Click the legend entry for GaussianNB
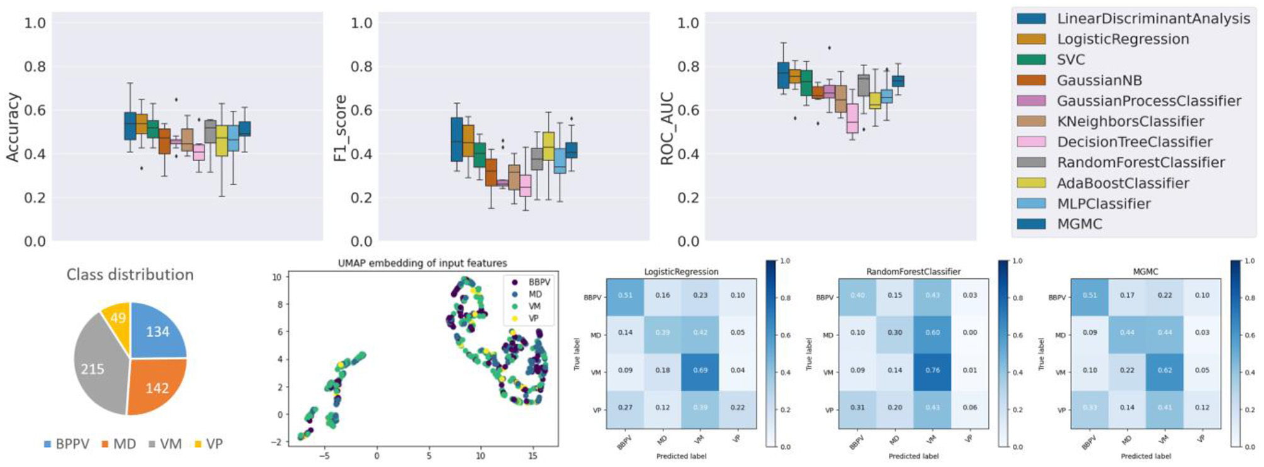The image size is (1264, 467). (1098, 81)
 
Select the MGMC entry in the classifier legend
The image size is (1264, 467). (1079, 224)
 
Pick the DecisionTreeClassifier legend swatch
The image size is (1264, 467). (1031, 142)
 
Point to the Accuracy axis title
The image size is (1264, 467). (13, 128)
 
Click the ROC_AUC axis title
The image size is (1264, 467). (667, 129)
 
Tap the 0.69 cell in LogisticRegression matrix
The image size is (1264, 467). (700, 371)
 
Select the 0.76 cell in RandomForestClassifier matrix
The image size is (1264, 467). (932, 371)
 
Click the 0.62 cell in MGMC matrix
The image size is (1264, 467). (1165, 371)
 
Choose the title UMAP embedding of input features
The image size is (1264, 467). (422, 263)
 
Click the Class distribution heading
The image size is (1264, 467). (130, 274)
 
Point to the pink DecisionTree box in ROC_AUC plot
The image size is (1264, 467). (852, 118)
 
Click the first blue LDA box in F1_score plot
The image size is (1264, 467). (457, 140)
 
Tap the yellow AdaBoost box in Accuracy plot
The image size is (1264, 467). (222, 140)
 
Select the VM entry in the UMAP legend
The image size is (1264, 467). (534, 307)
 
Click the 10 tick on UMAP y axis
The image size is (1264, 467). (276, 277)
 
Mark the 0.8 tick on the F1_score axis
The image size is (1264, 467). (361, 67)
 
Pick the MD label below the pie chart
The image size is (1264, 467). (124, 444)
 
